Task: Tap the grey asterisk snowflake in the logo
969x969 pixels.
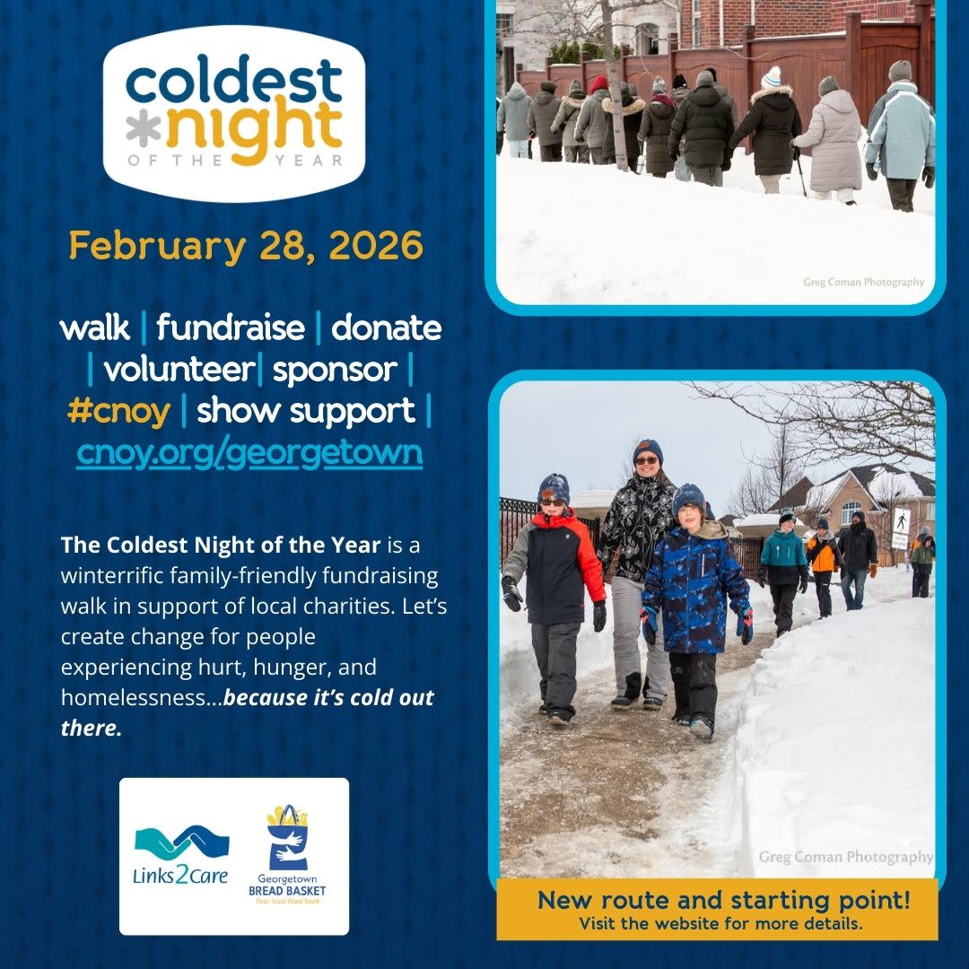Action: [x=144, y=129]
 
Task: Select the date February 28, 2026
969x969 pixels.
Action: [x=246, y=246]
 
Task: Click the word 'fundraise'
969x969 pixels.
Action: [x=231, y=327]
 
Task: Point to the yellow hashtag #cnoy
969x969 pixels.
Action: [x=118, y=411]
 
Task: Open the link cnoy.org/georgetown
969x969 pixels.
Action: [x=249, y=452]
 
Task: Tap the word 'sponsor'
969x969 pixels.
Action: [x=335, y=370]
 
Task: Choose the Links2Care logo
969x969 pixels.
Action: [x=182, y=855]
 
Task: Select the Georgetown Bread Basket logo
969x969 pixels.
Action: [x=287, y=855]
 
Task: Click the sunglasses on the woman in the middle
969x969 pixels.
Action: [x=646, y=460]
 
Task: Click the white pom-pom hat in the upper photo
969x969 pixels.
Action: [x=771, y=78]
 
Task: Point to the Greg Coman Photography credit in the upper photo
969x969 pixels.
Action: [x=863, y=282]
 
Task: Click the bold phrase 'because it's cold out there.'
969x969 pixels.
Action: [x=247, y=712]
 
